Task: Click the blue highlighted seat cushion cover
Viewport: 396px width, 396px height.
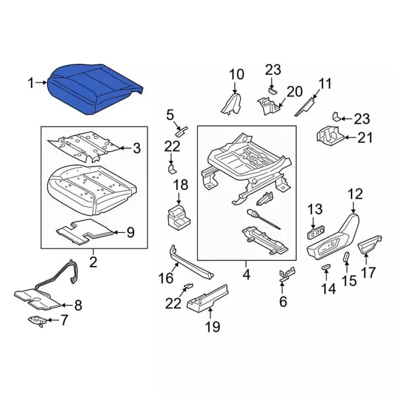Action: click(99, 88)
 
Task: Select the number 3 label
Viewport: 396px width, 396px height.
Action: click(137, 148)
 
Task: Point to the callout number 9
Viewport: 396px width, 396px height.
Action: click(130, 233)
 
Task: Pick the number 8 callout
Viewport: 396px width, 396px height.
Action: click(77, 304)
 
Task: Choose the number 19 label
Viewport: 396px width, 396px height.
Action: click(212, 327)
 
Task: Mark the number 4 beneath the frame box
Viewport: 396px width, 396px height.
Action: click(246, 273)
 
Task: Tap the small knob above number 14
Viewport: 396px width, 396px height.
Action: click(324, 267)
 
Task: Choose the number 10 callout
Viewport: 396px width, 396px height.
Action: click(236, 75)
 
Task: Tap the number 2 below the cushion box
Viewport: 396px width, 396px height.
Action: click(93, 262)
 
